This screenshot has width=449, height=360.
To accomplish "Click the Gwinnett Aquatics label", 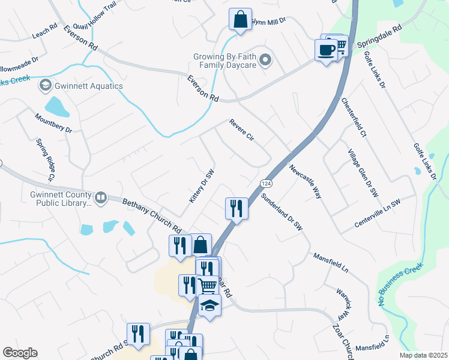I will tap(88, 86).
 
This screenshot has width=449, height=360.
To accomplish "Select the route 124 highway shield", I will tap(264, 182).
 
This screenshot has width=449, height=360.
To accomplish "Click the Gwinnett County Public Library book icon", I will tap(101, 197).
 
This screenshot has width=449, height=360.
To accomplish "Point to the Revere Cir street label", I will tap(243, 131).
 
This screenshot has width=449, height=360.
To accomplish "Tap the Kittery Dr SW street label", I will tap(202, 185).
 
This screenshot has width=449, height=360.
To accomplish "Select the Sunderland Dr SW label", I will tap(282, 212).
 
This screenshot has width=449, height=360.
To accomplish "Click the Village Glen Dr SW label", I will tap(363, 172).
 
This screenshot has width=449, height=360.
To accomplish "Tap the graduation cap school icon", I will tap(209, 305).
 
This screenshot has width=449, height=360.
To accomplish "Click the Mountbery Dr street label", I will tap(53, 124).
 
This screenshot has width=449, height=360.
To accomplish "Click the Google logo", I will tap(20, 353).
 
